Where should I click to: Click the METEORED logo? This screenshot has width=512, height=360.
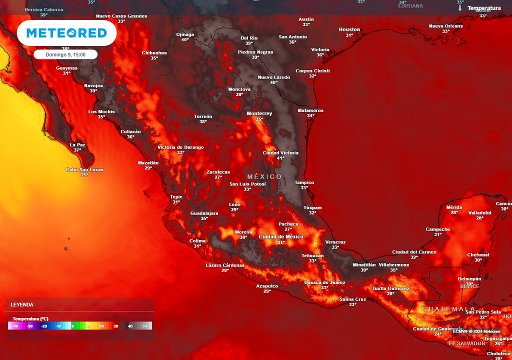click(x=66, y=33)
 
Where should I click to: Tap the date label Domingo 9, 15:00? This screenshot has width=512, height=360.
click(x=65, y=54)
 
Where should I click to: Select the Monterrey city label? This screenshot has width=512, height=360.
click(x=259, y=113)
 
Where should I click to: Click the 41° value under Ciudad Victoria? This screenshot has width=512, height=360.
click(x=280, y=158)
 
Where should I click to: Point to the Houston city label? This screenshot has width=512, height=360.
click(x=349, y=29)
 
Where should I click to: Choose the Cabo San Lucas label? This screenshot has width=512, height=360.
click(x=84, y=169)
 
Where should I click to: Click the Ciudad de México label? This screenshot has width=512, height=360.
click(x=281, y=236)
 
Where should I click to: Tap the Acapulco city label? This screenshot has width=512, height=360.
click(x=266, y=286)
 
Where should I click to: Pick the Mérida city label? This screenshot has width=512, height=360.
click(x=454, y=207)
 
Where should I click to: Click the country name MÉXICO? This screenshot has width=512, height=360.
click(x=264, y=177)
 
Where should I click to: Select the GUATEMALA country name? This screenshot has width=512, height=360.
click(x=448, y=309)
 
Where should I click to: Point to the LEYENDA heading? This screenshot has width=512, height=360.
click(x=22, y=304)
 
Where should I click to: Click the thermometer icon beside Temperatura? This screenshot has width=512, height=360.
click(x=459, y=8)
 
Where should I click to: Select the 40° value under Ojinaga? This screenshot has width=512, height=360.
click(x=185, y=39)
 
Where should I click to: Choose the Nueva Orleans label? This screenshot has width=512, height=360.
click(x=445, y=26)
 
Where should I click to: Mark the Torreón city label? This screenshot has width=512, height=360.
click(x=203, y=116)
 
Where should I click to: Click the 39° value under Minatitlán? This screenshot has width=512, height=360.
click(x=364, y=270)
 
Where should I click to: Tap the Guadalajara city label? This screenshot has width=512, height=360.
click(x=204, y=213)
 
